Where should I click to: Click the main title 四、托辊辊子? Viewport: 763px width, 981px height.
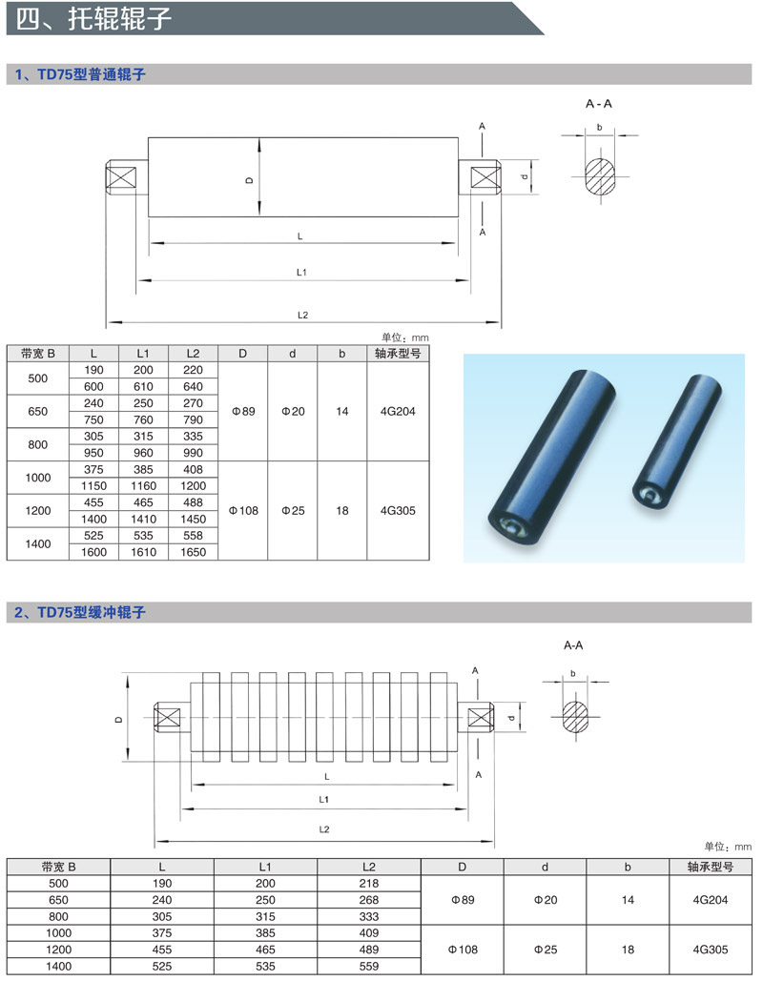click(93, 19)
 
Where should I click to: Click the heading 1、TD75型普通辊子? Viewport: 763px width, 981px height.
click(80, 74)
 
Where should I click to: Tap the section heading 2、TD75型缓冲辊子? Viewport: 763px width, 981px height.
click(80, 612)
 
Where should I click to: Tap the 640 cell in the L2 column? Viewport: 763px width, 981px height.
click(193, 387)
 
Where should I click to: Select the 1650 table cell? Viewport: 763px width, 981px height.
click(193, 552)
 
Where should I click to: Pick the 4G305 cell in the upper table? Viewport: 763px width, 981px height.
click(398, 511)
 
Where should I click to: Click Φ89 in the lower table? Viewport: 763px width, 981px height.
click(463, 900)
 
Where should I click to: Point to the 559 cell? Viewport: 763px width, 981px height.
click(369, 966)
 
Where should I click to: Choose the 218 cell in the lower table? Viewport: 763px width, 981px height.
click(369, 884)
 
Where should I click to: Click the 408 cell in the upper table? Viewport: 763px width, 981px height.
click(193, 469)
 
